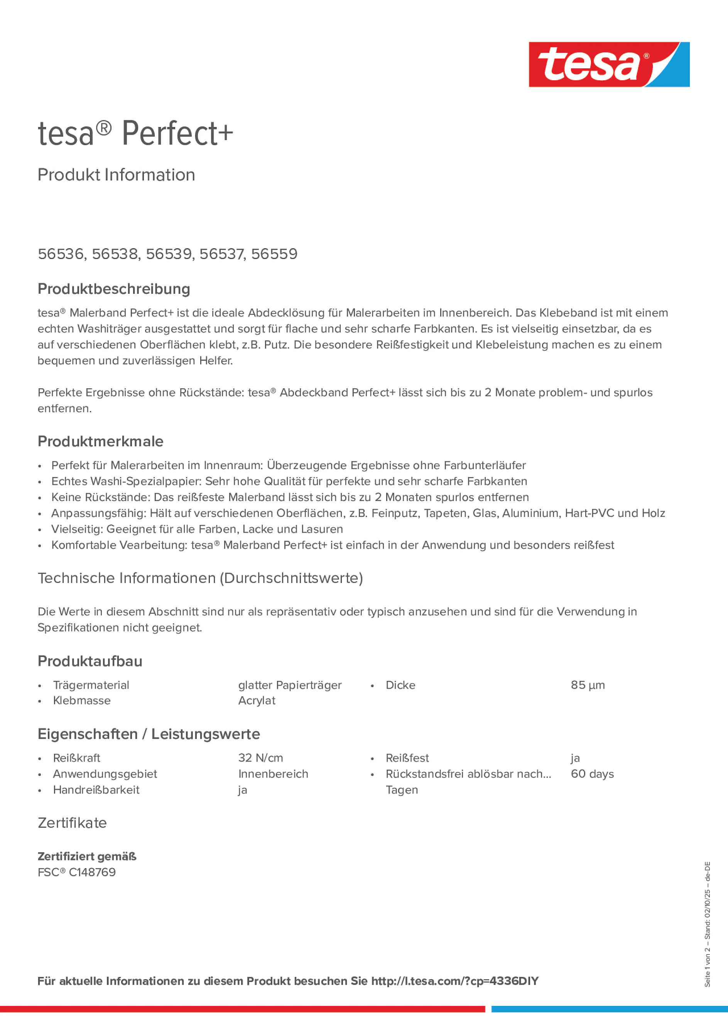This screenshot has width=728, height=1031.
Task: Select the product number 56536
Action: coord(61,254)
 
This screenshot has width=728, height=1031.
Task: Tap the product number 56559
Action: coord(274,254)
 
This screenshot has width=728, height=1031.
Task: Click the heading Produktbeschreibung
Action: coord(113,289)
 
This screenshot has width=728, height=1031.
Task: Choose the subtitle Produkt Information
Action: coord(116,175)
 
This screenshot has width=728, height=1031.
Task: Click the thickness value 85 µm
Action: coord(588,685)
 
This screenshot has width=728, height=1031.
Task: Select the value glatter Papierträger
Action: coord(289,685)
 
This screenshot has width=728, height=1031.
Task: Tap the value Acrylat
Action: coord(256,701)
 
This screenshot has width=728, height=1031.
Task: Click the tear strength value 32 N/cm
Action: coord(260,758)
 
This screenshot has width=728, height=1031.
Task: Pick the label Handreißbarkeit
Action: coord(96,790)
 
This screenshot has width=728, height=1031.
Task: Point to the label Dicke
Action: coord(400,685)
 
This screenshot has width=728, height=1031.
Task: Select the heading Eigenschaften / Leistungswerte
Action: coord(149,734)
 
